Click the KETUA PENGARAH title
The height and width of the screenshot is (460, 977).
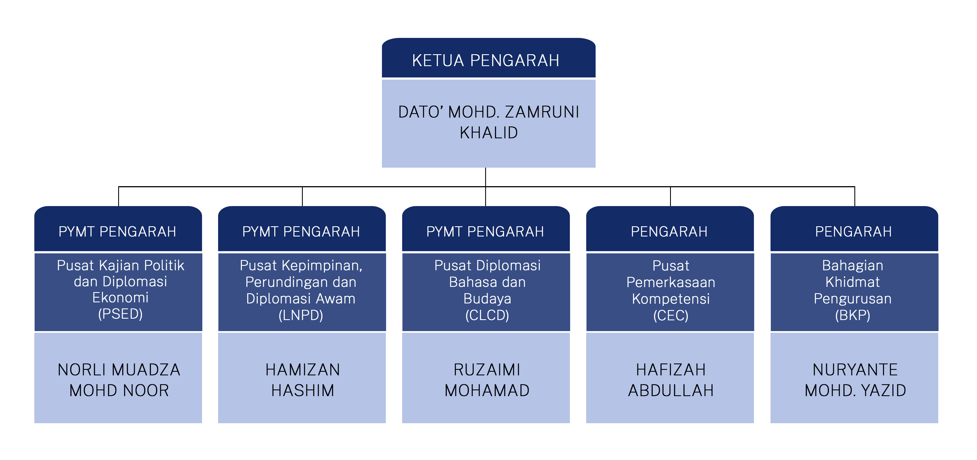[485, 61]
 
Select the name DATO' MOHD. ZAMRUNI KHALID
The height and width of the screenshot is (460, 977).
[488, 122]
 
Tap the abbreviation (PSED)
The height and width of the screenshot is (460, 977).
[120, 314]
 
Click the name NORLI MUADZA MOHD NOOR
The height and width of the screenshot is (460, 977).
[119, 380]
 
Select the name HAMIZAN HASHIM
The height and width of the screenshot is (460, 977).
[303, 380]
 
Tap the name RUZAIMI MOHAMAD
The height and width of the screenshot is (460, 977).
[487, 380]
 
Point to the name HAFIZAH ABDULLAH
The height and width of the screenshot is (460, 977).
[671, 380]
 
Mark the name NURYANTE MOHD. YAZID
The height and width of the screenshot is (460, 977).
[855, 380]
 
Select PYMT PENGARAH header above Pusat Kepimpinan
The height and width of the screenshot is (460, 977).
[301, 232]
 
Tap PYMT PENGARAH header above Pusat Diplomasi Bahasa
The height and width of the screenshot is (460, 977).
[485, 232]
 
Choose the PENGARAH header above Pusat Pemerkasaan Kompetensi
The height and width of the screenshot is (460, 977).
[669, 232]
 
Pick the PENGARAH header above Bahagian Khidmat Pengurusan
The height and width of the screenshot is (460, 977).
[853, 232]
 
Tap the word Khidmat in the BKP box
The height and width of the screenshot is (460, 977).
[853, 282]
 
